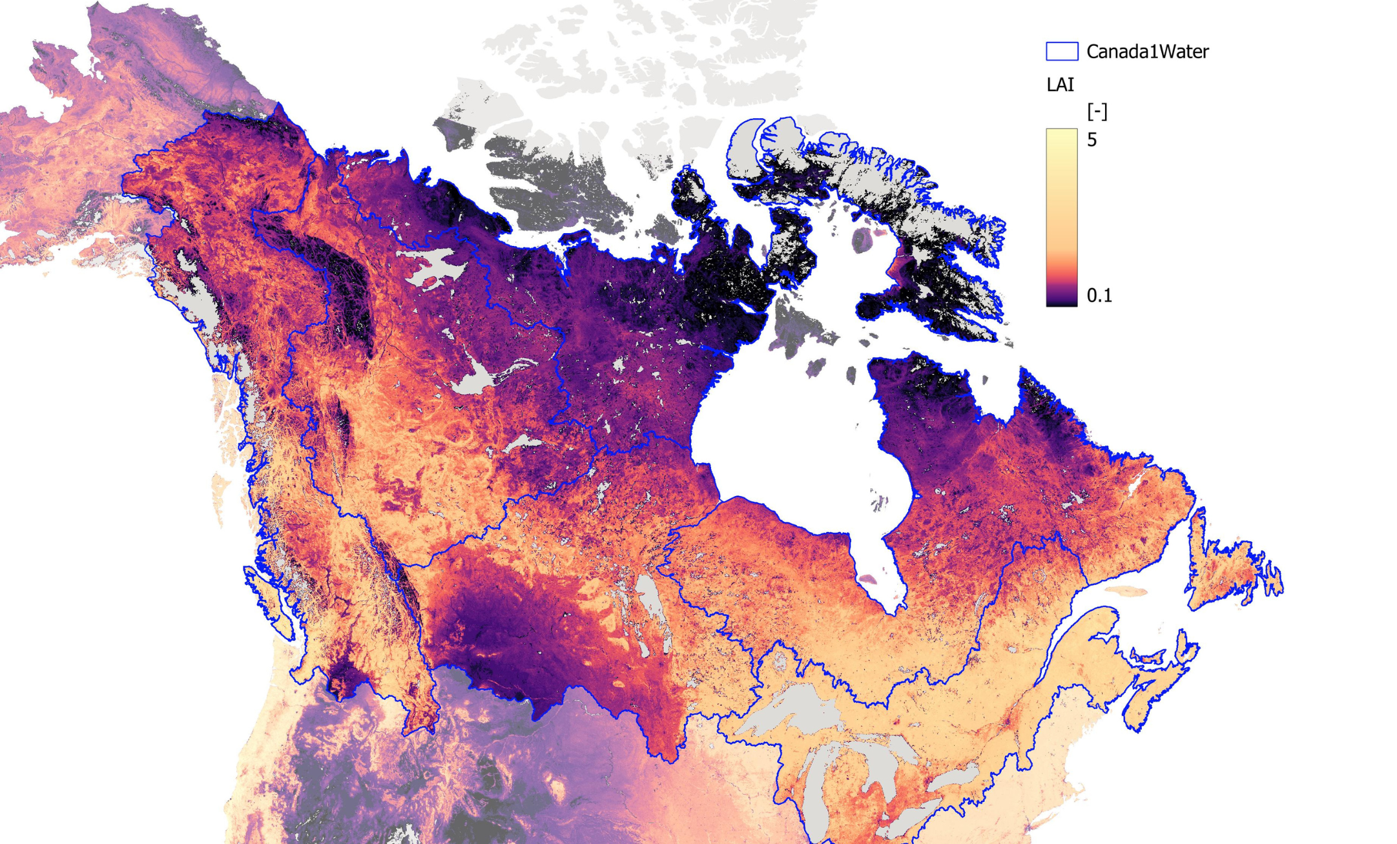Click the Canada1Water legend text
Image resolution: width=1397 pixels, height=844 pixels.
coord(1147,52)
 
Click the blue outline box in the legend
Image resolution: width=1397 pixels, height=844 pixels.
coord(1061,52)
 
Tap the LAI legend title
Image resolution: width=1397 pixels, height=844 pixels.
coord(1060,85)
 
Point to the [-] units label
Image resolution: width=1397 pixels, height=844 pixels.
coord(1097,112)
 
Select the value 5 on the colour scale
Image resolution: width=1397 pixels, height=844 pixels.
coord(1092,140)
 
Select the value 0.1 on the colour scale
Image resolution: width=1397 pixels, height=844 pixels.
coord(1099,296)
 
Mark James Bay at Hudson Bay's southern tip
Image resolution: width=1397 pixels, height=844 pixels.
coord(872,555)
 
